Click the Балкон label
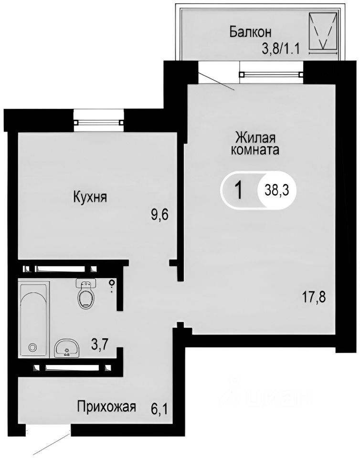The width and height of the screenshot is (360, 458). tap(250, 32)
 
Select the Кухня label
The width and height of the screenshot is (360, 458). tap(89, 197)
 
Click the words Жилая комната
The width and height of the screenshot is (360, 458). tap(255, 144)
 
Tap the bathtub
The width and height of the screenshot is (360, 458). tap(34, 319)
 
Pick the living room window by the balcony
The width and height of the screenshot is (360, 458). tap(271, 74)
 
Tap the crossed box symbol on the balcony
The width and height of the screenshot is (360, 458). tap(322, 31)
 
